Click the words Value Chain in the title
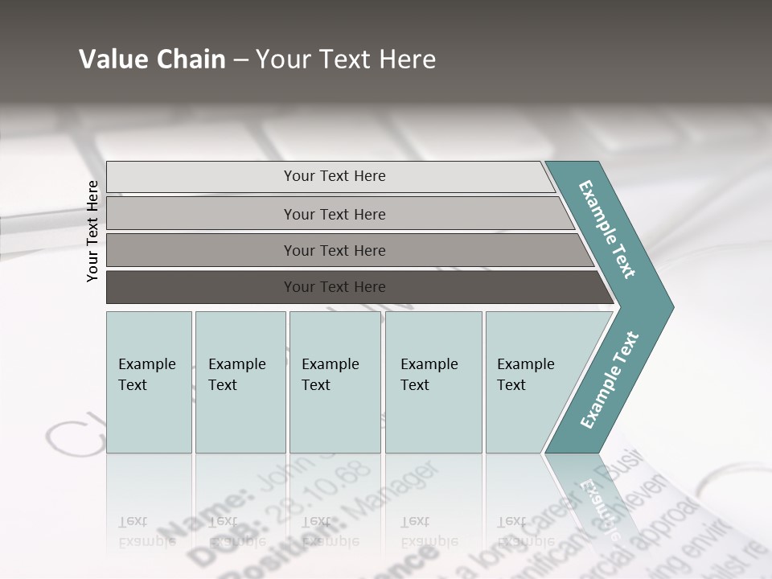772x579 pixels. coord(152,60)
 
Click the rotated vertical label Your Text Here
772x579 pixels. coord(93,231)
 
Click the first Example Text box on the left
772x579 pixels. coord(149,382)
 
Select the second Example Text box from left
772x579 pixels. coord(240,382)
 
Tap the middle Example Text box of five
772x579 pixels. coord(335,382)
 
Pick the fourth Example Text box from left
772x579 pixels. coord(433,382)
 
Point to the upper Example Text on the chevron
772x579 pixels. coord(607,229)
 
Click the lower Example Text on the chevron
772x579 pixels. coord(610,380)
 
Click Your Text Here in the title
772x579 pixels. coord(346,60)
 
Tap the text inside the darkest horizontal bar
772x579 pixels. coord(335,287)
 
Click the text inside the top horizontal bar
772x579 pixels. coord(335,176)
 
